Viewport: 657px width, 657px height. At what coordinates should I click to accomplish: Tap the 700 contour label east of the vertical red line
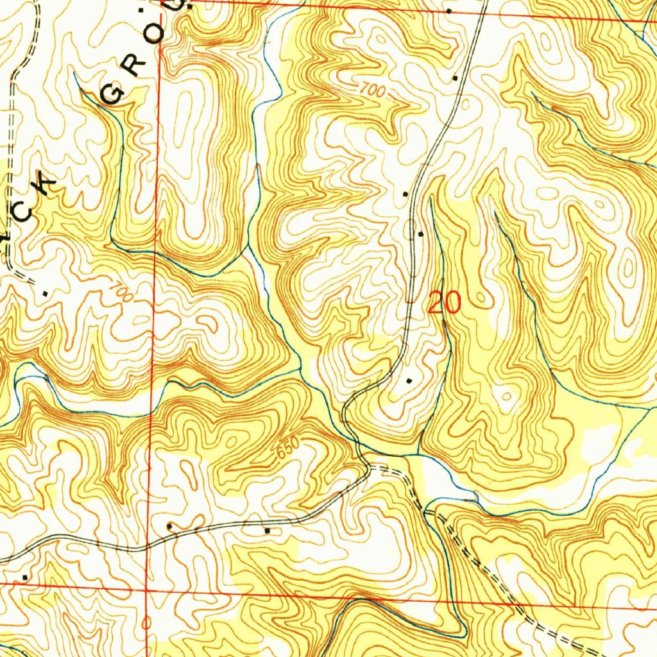[x=371, y=91]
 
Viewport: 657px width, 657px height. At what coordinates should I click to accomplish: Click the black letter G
[x=113, y=94]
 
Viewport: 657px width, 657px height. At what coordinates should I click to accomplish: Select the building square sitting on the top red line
[x=448, y=12]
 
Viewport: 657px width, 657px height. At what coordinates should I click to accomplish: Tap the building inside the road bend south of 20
[x=410, y=381]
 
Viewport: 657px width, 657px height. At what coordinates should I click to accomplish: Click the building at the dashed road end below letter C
[x=44, y=293]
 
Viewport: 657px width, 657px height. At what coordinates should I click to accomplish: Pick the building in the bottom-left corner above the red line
[x=25, y=577]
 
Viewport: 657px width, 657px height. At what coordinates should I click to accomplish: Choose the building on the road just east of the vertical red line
[x=170, y=527]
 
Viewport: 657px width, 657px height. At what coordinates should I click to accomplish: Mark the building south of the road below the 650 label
[x=267, y=531]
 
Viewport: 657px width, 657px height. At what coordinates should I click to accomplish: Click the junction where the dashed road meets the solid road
[x=369, y=468]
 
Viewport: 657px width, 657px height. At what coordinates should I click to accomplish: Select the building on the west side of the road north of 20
[x=405, y=193]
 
